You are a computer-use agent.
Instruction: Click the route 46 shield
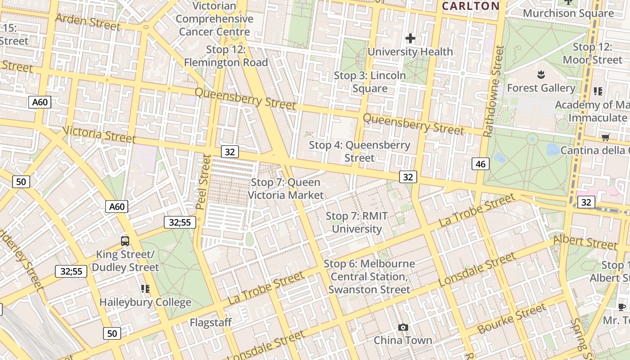point(481,164)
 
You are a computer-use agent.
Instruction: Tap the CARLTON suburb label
point(471,6)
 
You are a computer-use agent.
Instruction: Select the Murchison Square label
point(568,13)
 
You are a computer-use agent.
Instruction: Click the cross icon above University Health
point(410,38)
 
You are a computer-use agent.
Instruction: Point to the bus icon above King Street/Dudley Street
point(125,241)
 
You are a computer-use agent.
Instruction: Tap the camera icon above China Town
point(403,327)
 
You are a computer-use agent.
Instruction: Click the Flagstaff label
point(211,322)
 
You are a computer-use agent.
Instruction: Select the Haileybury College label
point(145,302)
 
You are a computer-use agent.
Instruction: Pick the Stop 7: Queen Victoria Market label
point(286,189)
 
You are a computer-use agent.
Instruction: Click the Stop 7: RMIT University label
point(356,222)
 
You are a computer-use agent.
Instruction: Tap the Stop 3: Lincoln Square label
point(369,82)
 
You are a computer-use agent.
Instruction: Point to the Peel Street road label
point(203,182)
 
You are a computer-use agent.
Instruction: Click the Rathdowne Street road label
point(494,90)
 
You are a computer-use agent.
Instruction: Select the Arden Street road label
point(88,22)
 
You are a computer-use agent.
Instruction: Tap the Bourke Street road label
point(512,319)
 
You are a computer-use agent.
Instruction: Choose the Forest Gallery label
point(541,88)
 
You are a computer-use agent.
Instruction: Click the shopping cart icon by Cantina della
point(605,137)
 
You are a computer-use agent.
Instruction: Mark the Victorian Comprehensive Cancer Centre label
point(214,19)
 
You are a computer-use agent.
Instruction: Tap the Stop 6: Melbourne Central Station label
point(369,276)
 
